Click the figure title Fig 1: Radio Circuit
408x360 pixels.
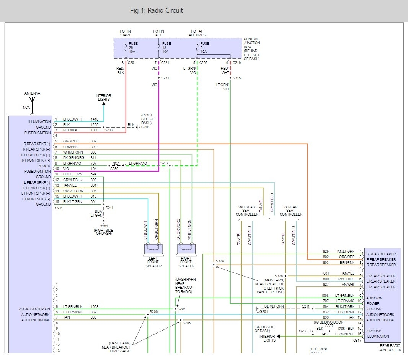coord(157,10)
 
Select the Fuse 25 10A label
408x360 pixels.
coord(133,47)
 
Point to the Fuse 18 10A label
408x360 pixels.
coord(166,47)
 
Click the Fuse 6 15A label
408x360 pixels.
coord(204,47)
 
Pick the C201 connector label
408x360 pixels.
coord(132,63)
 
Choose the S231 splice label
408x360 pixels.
coord(165,78)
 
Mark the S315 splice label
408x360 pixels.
coord(237,78)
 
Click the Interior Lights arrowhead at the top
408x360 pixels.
coord(104,104)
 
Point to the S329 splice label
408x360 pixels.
coord(220,261)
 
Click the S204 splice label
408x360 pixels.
coord(182,309)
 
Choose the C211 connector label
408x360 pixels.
coord(59,208)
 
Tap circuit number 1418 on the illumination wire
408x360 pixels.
coord(95,119)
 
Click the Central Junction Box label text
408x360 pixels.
coord(252,49)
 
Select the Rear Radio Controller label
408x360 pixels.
coord(390,348)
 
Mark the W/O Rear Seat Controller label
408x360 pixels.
coord(247,211)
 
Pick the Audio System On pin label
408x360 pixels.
coord(34,309)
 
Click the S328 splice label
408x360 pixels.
coord(279,276)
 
